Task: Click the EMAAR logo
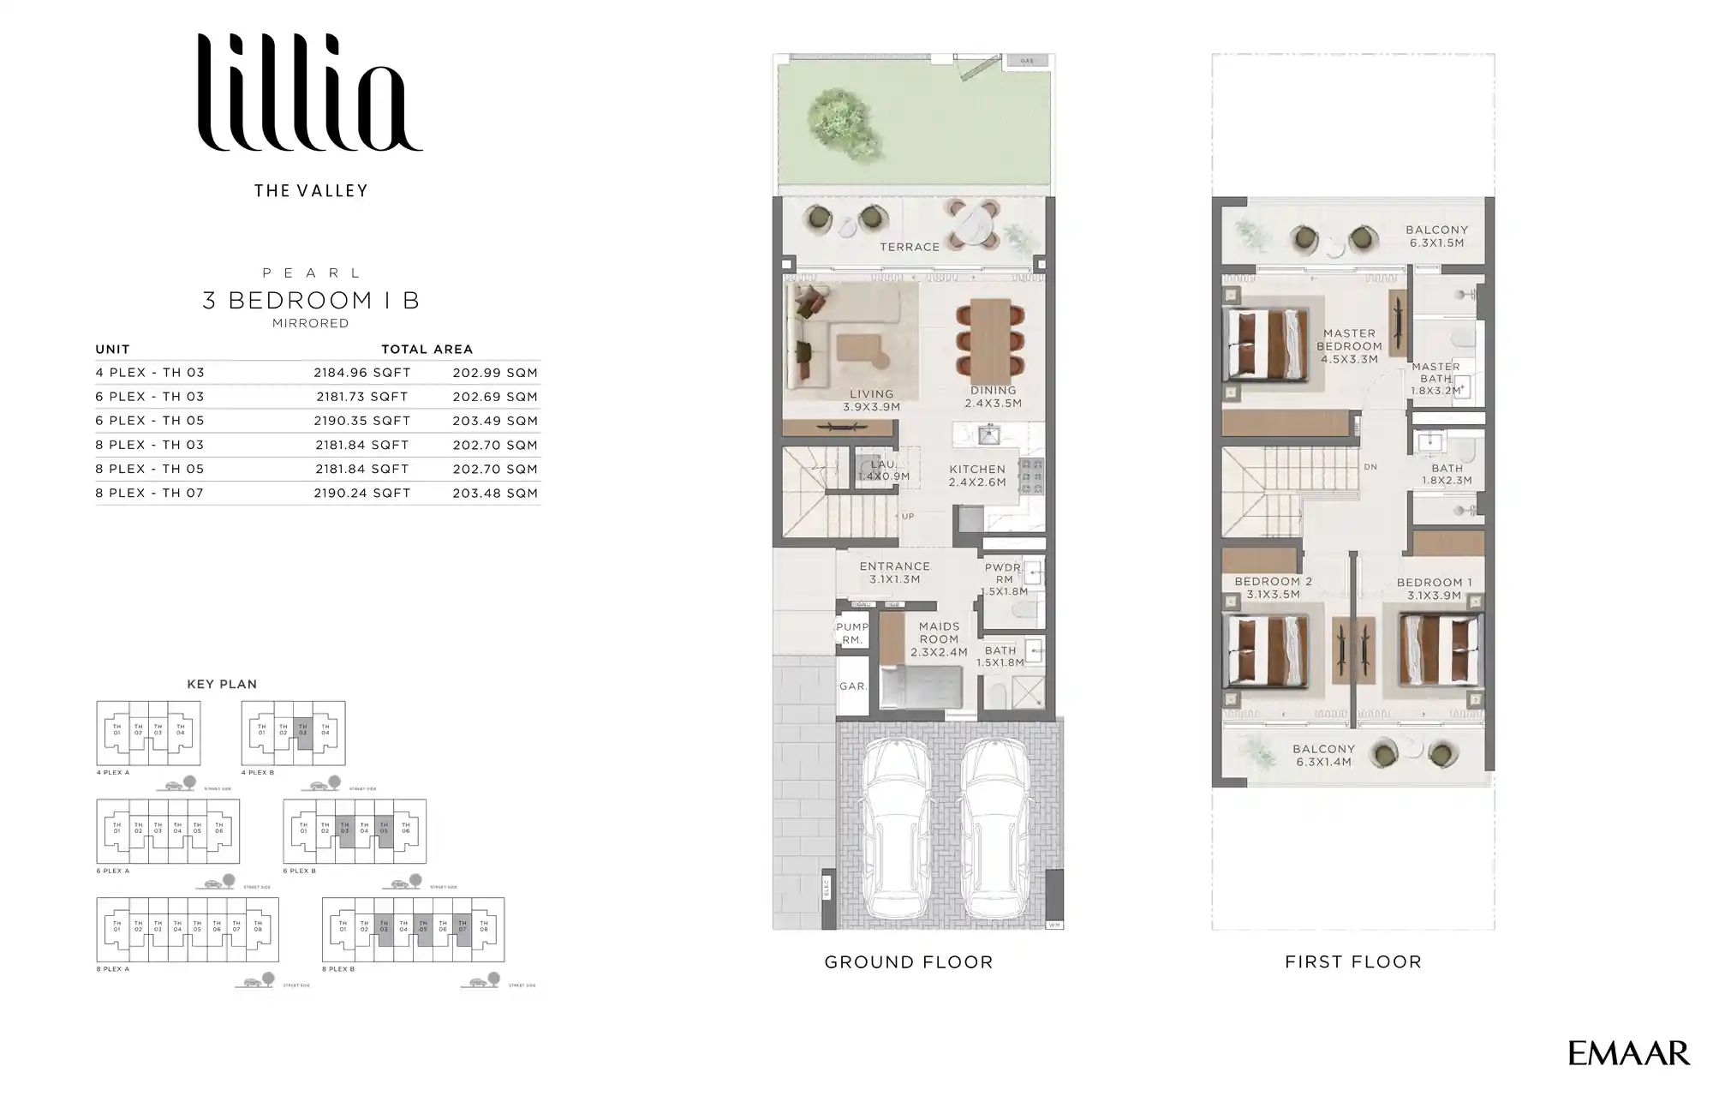[1628, 1053]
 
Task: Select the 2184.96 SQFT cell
[361, 373]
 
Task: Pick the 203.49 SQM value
[495, 421]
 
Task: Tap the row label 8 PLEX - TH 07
[150, 493]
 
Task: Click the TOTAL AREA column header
[427, 349]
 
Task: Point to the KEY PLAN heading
[222, 684]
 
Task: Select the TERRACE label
[910, 247]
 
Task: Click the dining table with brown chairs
[992, 338]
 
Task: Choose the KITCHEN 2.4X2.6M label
[977, 476]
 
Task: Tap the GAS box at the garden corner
[1027, 61]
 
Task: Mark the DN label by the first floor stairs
[1370, 467]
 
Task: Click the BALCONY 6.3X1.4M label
[1323, 755]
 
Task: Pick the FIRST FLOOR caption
[1352, 961]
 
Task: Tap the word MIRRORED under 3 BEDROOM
[310, 323]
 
